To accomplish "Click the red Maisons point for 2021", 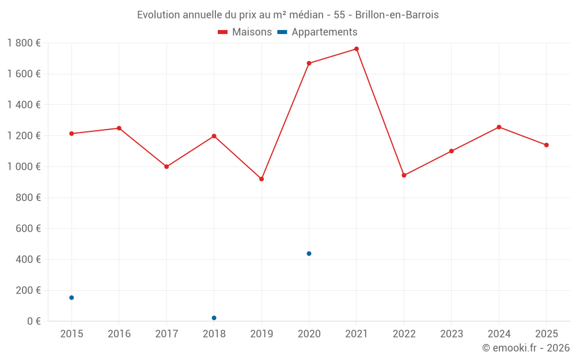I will [x=357, y=49].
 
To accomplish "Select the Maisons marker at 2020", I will [x=309, y=63].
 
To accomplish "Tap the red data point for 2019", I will [x=262, y=179].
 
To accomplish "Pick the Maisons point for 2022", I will [x=404, y=175].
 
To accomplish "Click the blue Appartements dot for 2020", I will [x=309, y=253].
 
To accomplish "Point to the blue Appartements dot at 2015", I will [x=71, y=298].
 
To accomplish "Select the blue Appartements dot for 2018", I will [x=214, y=318].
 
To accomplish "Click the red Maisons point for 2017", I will [x=166, y=166].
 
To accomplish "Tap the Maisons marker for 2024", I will [x=499, y=127].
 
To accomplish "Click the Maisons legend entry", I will [x=245, y=32].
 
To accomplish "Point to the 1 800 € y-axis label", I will [x=24, y=43].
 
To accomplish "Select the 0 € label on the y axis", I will [x=33, y=321].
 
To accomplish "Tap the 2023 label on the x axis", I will [x=451, y=334].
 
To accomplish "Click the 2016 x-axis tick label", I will [x=119, y=334].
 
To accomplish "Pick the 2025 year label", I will [x=546, y=334].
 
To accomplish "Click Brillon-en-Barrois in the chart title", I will [x=397, y=15].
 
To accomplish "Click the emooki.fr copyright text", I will [x=526, y=348].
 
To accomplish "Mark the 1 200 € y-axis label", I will [x=24, y=136].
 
